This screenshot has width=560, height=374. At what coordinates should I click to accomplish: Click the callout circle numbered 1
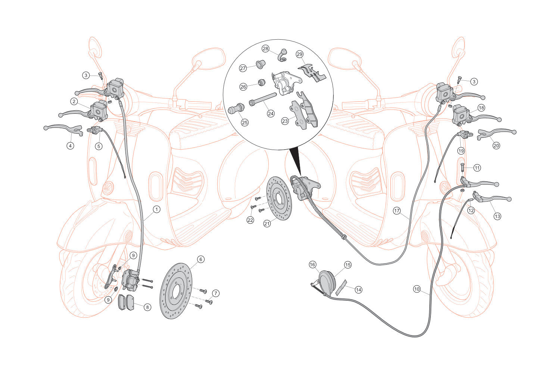click(x=156, y=209)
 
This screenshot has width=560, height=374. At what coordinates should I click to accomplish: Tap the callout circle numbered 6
click(x=200, y=259)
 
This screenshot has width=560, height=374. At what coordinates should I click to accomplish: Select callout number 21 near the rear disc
click(x=267, y=223)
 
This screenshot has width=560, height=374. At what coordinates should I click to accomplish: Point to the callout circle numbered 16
click(x=312, y=264)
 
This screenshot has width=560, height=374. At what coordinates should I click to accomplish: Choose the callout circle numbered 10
click(x=417, y=289)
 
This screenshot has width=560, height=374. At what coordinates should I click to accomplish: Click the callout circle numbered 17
click(x=397, y=211)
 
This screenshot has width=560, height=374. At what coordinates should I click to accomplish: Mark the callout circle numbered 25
click(x=245, y=123)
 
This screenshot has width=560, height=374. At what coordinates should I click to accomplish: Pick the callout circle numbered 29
click(x=299, y=54)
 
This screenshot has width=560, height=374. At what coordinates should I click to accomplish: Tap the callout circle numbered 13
click(x=497, y=216)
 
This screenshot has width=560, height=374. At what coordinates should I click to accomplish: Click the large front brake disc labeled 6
click(x=176, y=291)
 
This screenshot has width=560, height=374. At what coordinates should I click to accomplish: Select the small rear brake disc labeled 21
click(x=279, y=198)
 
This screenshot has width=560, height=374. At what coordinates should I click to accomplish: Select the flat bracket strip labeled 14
click(x=341, y=288)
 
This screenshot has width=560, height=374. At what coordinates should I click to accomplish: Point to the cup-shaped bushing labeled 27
click(x=260, y=64)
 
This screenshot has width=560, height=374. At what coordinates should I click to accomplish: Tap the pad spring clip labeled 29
click(x=312, y=73)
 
